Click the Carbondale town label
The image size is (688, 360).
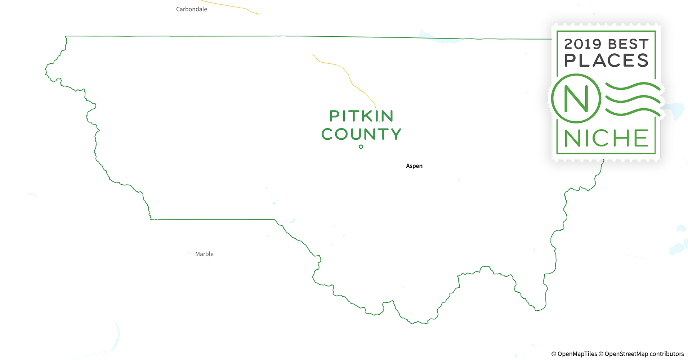click(191, 9)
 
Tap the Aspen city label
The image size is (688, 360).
click(414, 166)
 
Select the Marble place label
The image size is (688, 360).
click(204, 254)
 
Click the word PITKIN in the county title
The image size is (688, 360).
click(361, 116)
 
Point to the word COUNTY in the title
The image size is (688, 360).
click(361, 134)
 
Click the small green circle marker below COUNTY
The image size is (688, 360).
click(361, 147)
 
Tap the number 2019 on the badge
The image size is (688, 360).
click(582, 44)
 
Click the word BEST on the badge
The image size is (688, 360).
click(628, 44)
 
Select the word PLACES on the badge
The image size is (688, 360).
click(606, 60)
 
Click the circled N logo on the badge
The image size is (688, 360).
click(576, 98)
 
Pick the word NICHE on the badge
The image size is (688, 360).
click(606, 138)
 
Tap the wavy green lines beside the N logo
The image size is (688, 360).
click(632, 99)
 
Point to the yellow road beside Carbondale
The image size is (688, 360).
click(231, 5)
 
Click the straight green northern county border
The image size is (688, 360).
click(324, 36)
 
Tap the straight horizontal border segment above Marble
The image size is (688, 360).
click(213, 219)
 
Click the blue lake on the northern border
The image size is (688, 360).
click(438, 38)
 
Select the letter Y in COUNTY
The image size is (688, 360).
click(396, 134)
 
